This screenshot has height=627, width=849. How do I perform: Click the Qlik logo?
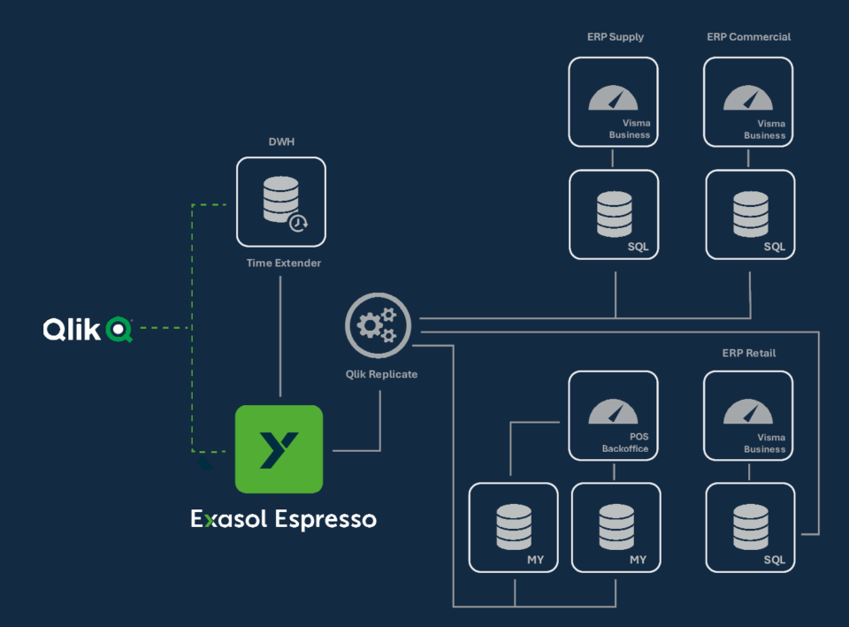(88, 329)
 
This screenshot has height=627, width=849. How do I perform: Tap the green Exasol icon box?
(279, 448)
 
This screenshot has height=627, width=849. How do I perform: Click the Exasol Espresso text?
(283, 519)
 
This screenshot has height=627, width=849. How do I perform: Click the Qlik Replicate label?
(381, 374)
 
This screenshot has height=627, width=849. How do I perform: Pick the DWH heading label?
(281, 141)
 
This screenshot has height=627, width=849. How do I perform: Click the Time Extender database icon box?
(280, 202)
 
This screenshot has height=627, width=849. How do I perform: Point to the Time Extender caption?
(283, 264)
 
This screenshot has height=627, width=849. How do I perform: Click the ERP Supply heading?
(615, 37)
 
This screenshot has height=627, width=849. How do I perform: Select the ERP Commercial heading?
(748, 37)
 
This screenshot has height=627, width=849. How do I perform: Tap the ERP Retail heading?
(748, 353)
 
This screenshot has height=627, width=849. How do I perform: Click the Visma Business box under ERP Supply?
(613, 102)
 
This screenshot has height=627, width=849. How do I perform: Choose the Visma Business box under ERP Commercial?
(748, 102)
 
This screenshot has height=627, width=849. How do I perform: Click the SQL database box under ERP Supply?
(614, 215)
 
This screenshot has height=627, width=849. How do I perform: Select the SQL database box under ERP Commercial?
(750, 215)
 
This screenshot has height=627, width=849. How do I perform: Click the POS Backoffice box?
(613, 415)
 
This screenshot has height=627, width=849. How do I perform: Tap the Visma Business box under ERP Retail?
(748, 415)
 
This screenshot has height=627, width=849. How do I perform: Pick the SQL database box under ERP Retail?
(750, 528)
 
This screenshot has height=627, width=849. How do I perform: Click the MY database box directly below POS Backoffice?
(616, 528)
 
